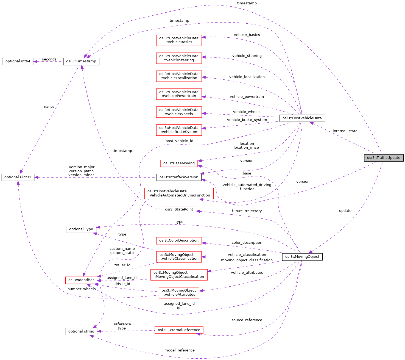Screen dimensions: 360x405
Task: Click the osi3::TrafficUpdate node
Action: tap(384, 158)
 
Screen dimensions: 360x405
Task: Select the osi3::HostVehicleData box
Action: tap(302, 118)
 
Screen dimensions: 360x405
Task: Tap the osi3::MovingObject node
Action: tap(302, 257)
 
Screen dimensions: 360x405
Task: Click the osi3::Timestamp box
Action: tap(81, 61)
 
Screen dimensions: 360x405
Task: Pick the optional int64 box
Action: tap(18, 61)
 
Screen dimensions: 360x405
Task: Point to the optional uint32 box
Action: tap(18, 177)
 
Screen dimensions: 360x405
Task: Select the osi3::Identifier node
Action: tap(81, 280)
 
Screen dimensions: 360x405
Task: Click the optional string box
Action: tap(81, 331)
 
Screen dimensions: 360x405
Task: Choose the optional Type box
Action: tap(81, 229)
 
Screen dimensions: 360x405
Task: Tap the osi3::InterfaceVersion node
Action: tap(179, 177)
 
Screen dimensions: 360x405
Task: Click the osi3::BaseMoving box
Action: tap(179, 163)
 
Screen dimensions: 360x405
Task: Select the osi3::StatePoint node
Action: tap(179, 209)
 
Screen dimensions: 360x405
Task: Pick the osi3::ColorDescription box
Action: tap(179, 240)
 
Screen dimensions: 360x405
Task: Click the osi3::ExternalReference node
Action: tap(179, 330)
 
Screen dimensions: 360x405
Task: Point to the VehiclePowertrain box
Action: tap(179, 94)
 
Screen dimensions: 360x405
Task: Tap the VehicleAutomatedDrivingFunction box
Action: tap(179, 193)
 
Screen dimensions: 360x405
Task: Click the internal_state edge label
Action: tap(345, 131)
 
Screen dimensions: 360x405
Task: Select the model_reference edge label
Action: tap(179, 350)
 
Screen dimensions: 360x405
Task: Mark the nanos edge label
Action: tap(49, 107)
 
